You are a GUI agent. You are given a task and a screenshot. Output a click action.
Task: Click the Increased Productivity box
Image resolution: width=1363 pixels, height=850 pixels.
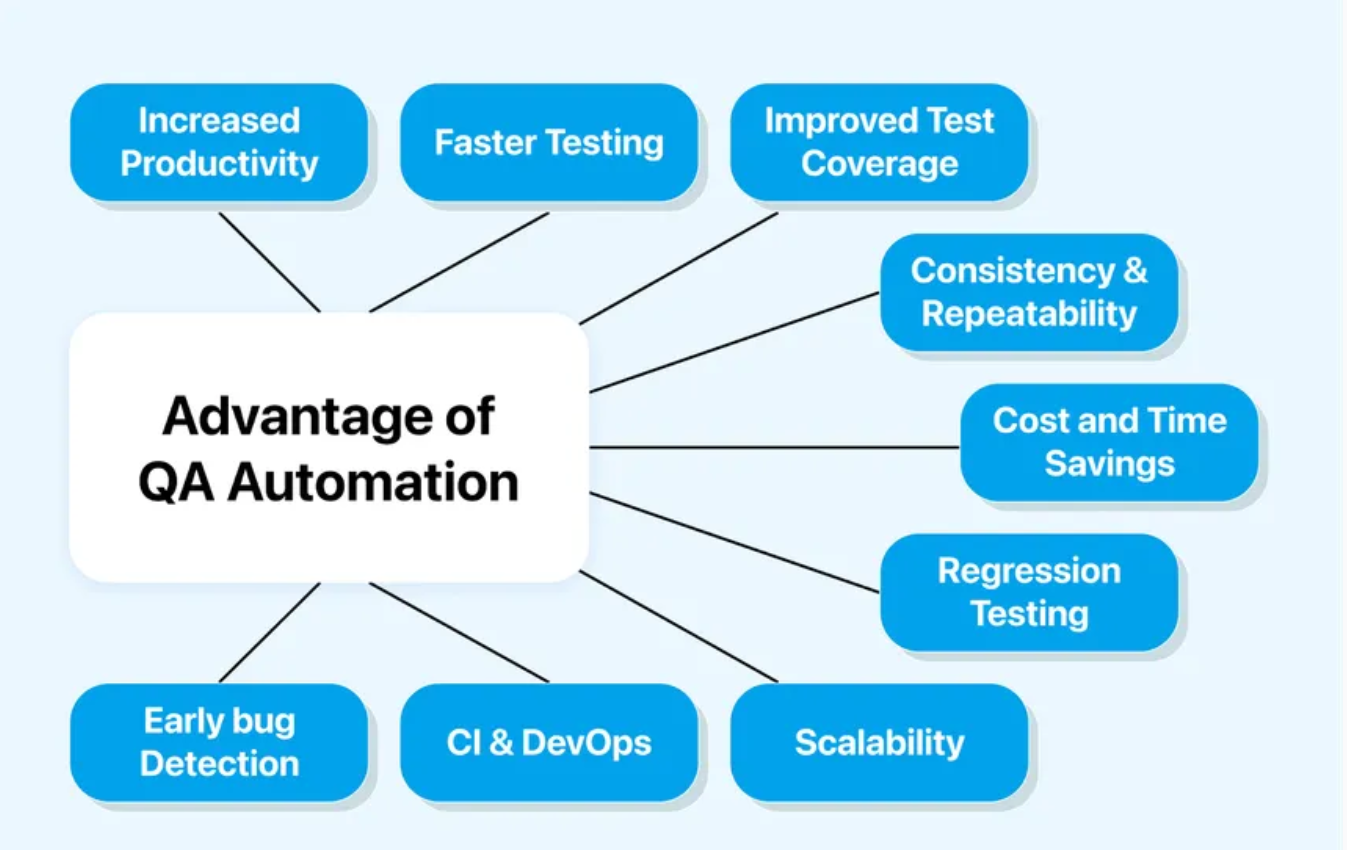[x=219, y=142]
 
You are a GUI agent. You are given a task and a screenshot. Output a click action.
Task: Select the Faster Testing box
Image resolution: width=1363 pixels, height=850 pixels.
[x=549, y=142]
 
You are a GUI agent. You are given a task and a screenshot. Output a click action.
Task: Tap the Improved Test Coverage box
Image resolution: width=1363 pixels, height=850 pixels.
[x=879, y=142]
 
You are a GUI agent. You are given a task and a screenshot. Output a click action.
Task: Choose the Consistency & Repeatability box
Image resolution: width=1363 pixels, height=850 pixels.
[x=1029, y=292]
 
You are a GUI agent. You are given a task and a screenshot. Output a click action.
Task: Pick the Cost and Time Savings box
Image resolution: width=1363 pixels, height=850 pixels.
[x=1109, y=442]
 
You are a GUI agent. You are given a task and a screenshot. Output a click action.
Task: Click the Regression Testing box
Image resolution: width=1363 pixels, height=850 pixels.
[x=1029, y=592]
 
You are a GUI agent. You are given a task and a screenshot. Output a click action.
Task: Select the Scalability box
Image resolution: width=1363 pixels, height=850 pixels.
[x=879, y=742]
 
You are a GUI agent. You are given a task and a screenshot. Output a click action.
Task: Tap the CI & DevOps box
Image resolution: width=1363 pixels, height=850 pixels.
[x=549, y=742]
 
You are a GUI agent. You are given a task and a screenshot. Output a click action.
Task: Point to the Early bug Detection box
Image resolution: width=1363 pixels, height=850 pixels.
[x=219, y=742]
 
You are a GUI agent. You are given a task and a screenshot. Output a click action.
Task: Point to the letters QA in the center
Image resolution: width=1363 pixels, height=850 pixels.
[x=177, y=483]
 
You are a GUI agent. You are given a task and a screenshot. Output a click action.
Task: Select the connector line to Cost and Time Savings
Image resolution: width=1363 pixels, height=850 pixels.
[x=775, y=447]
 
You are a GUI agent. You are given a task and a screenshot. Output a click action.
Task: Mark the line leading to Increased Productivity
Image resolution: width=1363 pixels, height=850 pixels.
[x=270, y=262]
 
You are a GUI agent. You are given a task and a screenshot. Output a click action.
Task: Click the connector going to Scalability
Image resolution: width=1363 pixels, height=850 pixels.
[x=680, y=627]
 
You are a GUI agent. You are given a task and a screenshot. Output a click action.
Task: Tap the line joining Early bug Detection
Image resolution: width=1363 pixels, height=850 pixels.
[x=270, y=632]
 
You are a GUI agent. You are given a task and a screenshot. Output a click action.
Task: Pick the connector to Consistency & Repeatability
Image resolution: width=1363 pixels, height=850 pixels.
[x=735, y=342]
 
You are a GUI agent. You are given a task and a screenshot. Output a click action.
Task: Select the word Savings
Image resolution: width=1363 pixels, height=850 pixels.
[x=1109, y=464]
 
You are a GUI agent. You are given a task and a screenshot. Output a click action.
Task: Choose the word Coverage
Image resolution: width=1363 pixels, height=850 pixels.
[x=879, y=164]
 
